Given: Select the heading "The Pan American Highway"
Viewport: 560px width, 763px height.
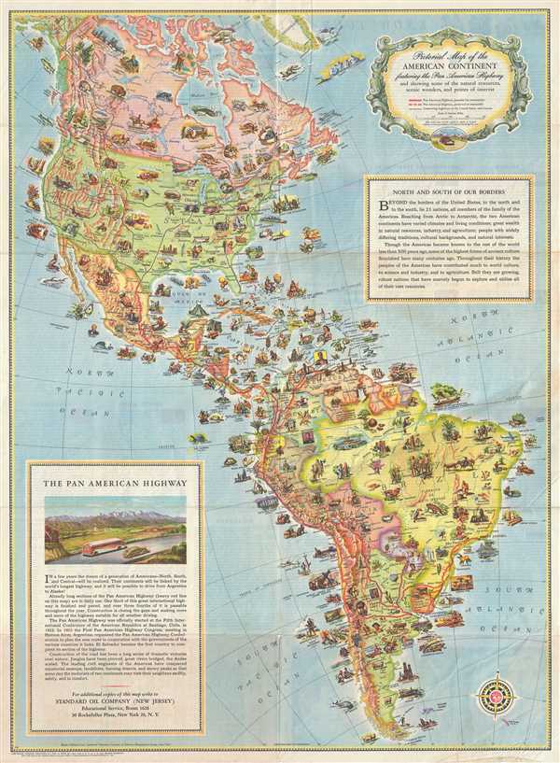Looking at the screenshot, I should pos(114,482).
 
